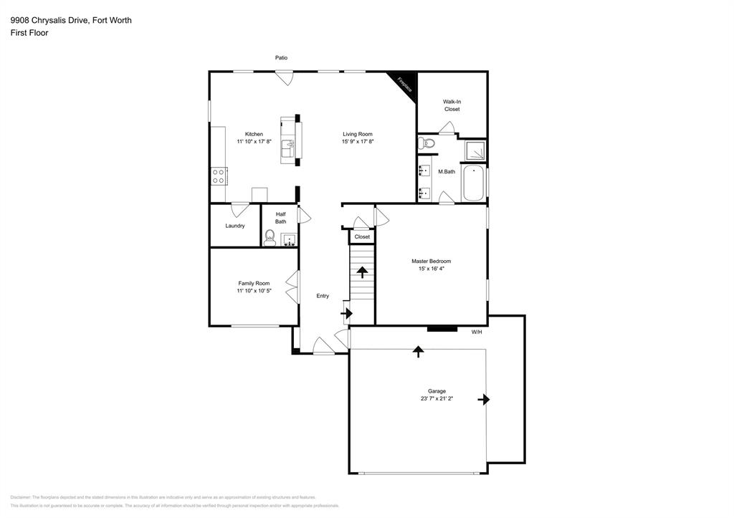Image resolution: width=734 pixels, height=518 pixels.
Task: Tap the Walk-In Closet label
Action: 452,105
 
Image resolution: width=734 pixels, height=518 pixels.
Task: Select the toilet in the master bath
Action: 429,143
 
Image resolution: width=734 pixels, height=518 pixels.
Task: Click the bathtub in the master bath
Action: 474,184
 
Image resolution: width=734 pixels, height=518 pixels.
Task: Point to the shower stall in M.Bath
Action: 474,150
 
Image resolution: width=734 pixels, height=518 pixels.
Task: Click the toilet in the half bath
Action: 270,239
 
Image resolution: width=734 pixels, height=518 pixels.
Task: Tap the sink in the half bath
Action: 290,239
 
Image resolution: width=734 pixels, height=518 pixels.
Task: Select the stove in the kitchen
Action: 219,176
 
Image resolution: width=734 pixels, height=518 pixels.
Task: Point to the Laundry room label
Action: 235,226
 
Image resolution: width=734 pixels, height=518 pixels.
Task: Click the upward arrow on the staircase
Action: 362,272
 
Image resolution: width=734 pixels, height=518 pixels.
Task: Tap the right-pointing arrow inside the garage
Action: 485,399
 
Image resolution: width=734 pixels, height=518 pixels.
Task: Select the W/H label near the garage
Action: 477,332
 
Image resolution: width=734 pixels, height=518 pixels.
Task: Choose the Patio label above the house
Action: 282,57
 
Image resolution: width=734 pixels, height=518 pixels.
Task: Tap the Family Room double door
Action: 293,287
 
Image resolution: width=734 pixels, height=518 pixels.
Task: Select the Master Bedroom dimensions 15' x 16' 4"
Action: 431,269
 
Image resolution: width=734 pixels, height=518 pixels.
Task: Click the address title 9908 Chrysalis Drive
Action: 71,20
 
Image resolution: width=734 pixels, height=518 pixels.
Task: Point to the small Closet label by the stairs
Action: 362,236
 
